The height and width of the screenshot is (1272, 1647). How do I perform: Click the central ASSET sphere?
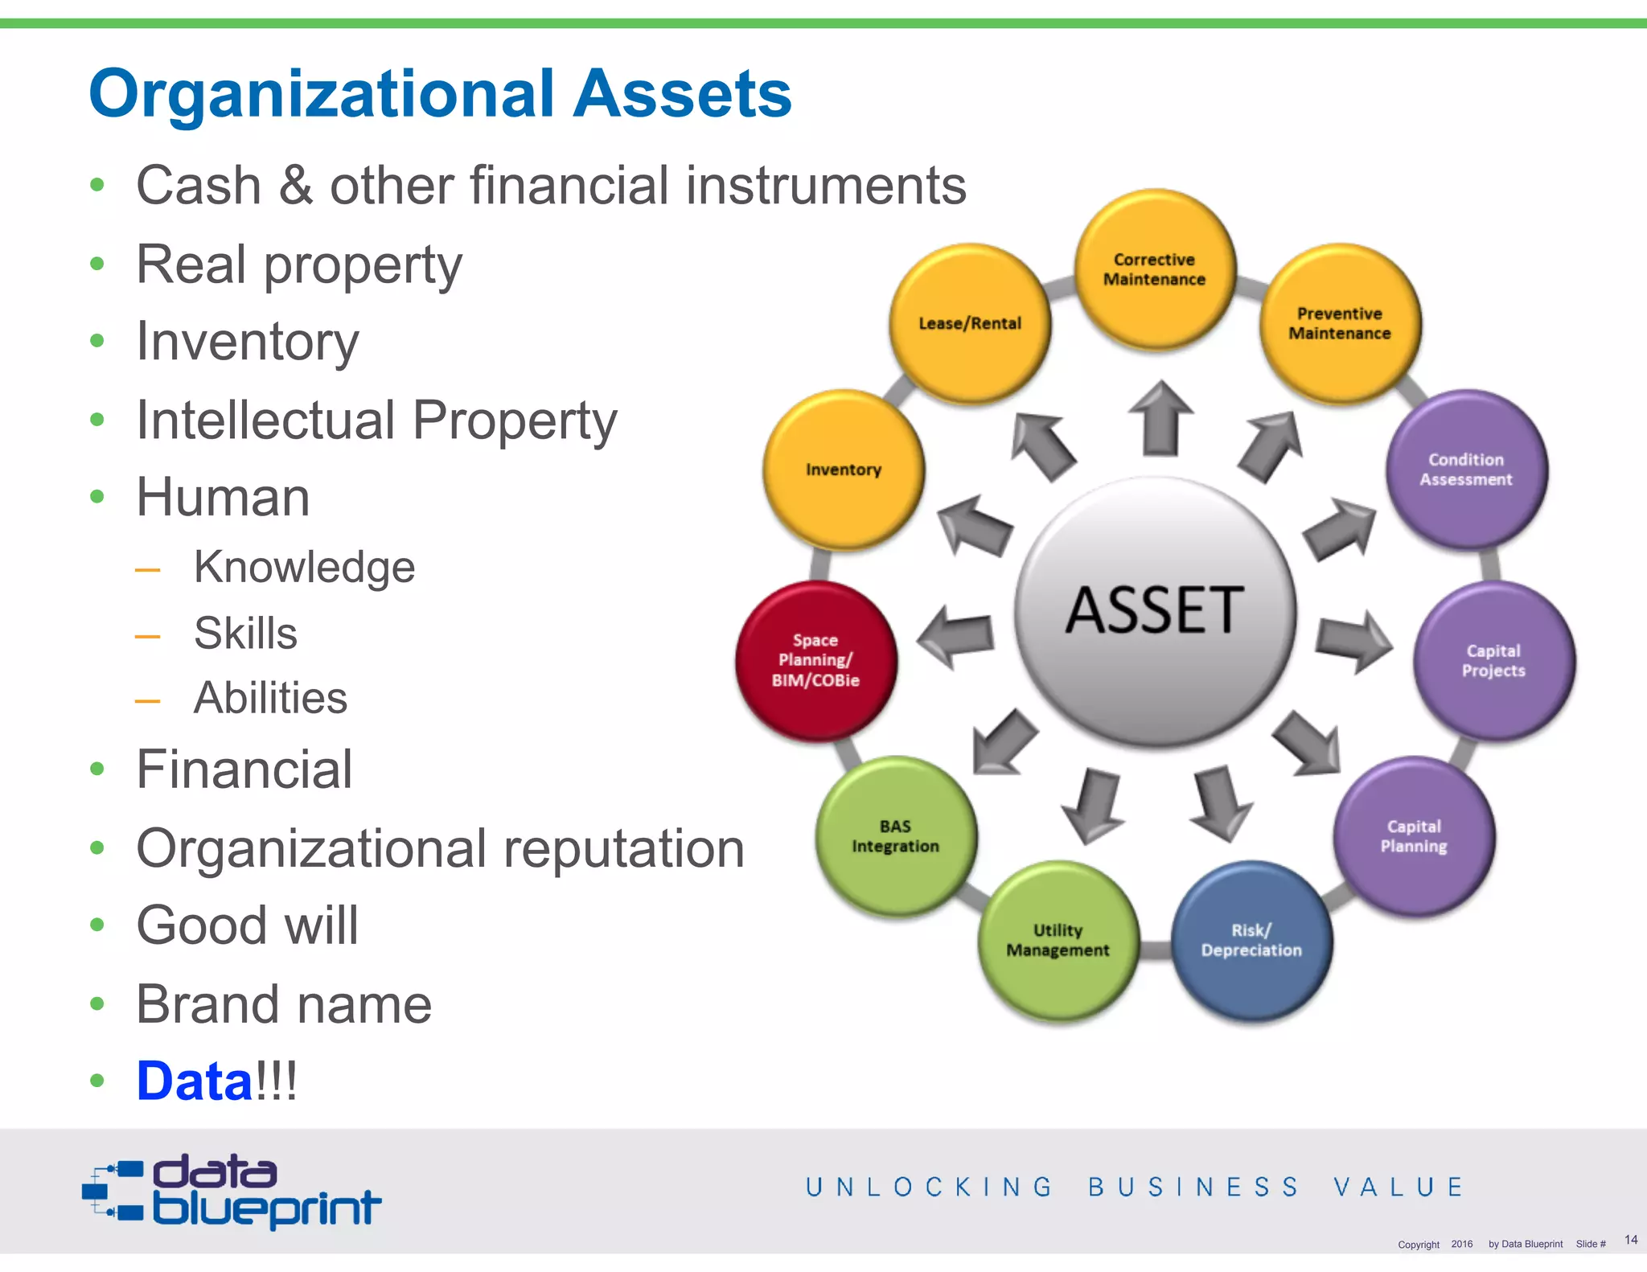click(x=1155, y=611)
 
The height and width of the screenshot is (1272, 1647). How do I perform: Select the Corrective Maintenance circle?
click(x=1155, y=269)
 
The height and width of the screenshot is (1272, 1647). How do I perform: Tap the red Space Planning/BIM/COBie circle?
click(x=815, y=660)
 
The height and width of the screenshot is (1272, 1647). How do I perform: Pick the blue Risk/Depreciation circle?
click(x=1251, y=940)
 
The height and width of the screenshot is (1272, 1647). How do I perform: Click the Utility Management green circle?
click(x=1058, y=940)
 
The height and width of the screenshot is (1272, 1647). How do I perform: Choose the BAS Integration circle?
click(x=896, y=836)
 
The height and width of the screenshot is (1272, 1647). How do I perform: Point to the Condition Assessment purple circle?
click(x=1465, y=470)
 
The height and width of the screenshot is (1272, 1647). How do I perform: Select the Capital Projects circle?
click(x=1493, y=660)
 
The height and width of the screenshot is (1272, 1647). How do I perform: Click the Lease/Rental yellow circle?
click(x=970, y=323)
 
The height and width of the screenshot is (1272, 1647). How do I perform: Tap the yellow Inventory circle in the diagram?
click(x=844, y=470)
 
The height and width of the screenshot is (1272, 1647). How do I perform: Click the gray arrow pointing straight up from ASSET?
click(x=1160, y=418)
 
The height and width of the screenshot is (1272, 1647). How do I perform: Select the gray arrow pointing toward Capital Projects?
click(x=1353, y=639)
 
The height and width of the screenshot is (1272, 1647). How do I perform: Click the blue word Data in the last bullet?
click(x=195, y=1081)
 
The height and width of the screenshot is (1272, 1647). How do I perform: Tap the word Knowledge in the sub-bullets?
click(x=304, y=567)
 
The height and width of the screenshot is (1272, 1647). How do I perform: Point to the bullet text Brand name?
click(x=284, y=1004)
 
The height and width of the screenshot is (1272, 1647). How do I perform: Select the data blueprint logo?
click(x=232, y=1192)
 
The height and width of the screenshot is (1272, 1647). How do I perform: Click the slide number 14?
click(x=1630, y=1239)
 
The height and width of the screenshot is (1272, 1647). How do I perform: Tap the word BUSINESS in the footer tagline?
click(x=1193, y=1187)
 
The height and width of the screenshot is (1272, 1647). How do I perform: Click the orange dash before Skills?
click(x=147, y=636)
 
